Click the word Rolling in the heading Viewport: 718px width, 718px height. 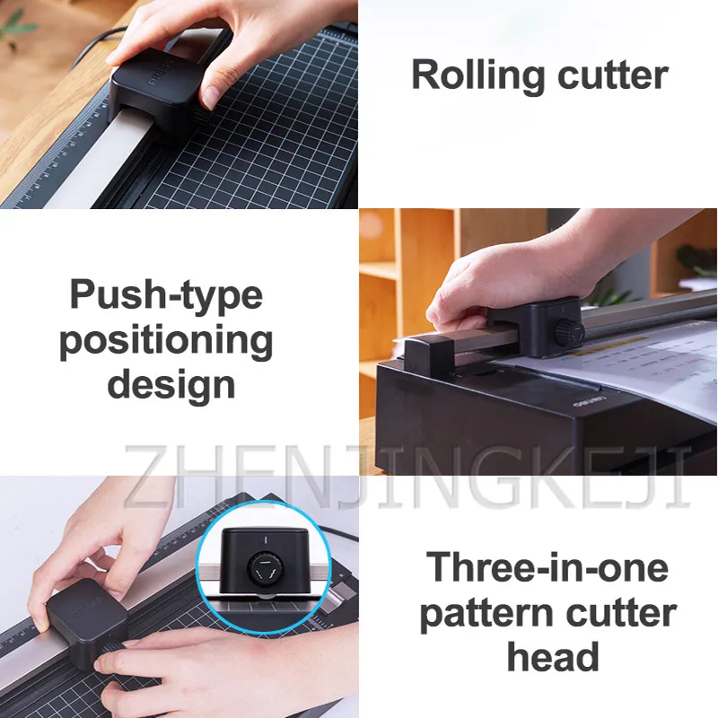coord(474,76)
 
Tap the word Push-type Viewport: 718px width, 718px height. coord(167,295)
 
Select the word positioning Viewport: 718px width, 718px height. coord(167,341)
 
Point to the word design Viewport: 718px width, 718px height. coord(167,386)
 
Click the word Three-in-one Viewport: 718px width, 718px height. coord(547,568)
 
